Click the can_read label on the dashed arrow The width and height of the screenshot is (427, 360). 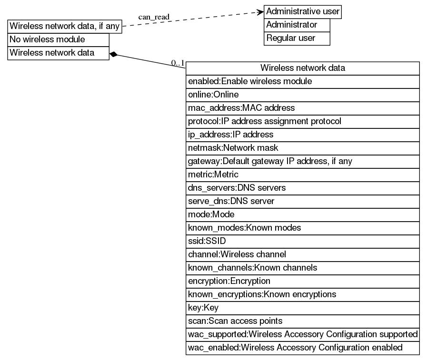pos(154,18)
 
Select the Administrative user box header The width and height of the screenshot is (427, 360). pos(303,11)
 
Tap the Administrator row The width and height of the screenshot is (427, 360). pos(297,25)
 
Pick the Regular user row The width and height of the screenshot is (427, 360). pos(297,38)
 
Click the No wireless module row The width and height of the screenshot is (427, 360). pos(59,39)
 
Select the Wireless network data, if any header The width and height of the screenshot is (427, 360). pos(65,26)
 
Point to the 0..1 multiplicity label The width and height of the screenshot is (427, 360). pos(178,62)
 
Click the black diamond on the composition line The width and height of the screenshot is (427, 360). pos(113,54)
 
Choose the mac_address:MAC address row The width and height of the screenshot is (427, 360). pos(302,108)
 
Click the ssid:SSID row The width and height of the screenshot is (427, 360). pos(302,241)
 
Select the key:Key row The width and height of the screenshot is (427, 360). pos(302,308)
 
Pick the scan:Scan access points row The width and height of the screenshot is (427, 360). pos(302,321)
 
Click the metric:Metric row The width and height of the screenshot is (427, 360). pos(302,175)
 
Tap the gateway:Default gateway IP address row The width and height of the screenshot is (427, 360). pos(302,161)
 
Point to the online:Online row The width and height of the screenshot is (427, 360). pos(302,95)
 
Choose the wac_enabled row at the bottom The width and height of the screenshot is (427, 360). pos(302,348)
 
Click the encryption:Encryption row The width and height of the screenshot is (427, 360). pos(302,281)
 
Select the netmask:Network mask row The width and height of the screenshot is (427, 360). pos(302,148)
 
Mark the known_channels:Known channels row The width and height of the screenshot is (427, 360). pos(302,268)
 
